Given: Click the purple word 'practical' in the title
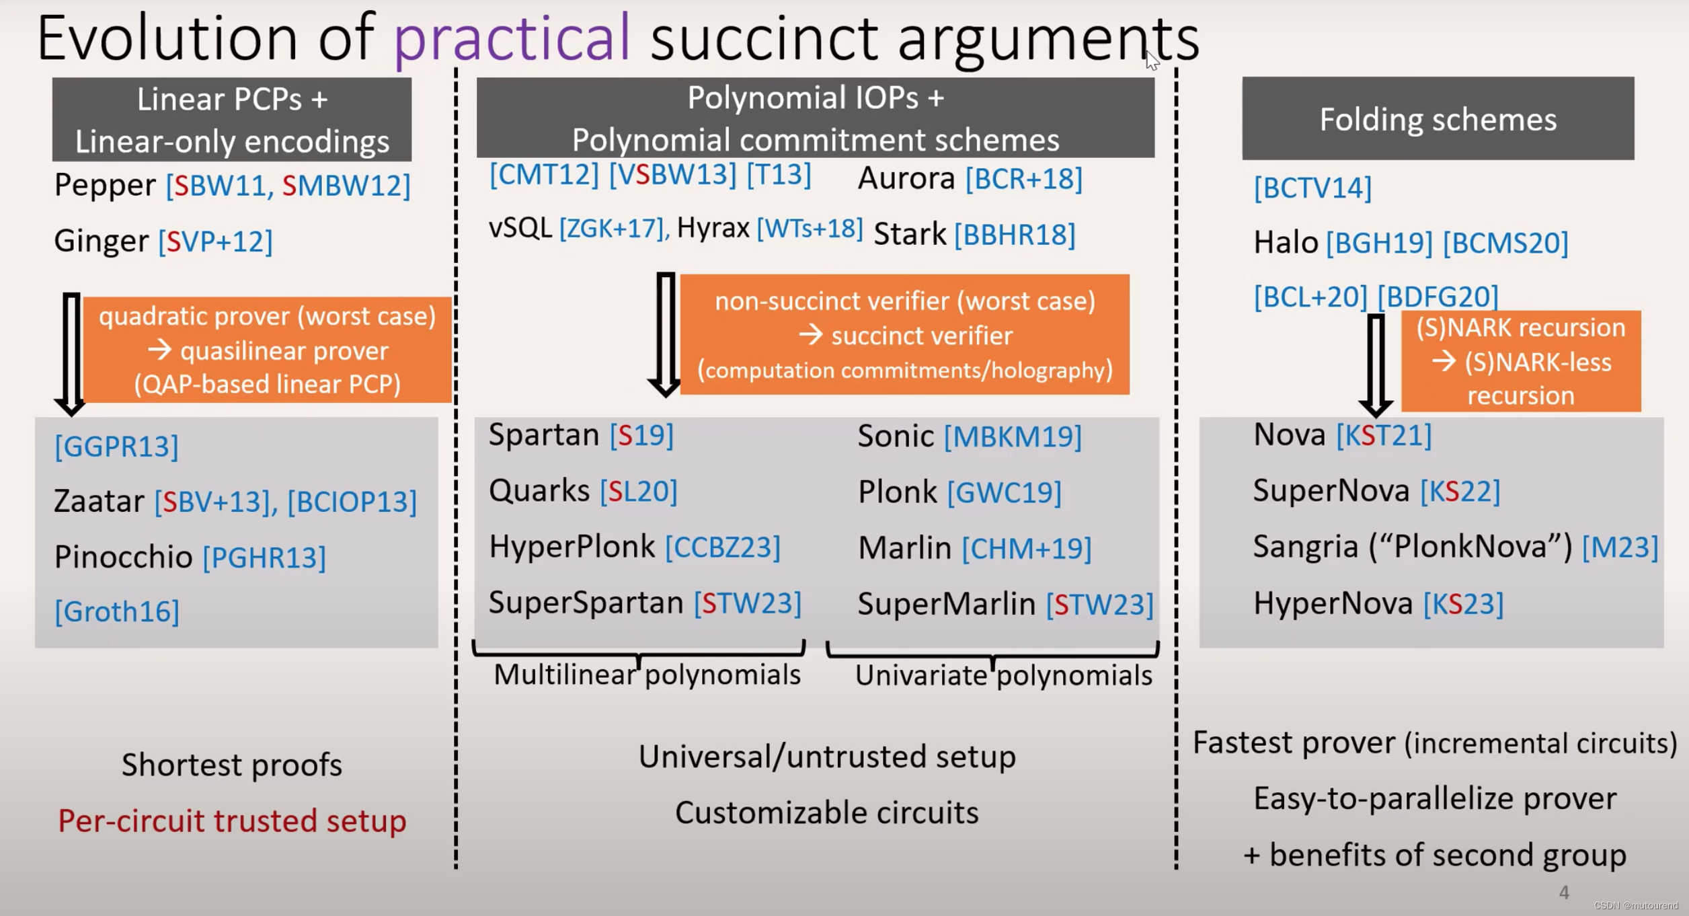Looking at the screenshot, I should tap(512, 39).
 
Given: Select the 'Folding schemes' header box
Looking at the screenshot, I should tap(1438, 119).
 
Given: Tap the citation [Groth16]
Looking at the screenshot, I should tap(117, 611).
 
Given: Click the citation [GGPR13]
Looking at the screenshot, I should tap(117, 447).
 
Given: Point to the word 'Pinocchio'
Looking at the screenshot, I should tap(123, 557).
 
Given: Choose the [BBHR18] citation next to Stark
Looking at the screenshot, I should tap(1015, 235).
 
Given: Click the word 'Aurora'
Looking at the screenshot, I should tap(906, 179).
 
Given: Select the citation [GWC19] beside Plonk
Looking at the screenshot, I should tap(1004, 492).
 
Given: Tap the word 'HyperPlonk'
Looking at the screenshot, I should tap(572, 547).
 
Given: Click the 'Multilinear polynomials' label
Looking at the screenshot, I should tap(647, 675).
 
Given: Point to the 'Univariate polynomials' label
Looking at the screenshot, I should tap(1003, 676).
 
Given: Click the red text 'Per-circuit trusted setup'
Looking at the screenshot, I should tap(232, 821).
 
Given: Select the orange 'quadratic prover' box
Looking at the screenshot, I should tap(268, 350).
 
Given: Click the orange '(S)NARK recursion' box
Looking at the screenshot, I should tap(1520, 362).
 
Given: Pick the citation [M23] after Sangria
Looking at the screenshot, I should tap(1620, 547).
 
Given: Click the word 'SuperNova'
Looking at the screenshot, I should tap(1331, 491).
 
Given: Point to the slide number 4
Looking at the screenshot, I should tap(1564, 892).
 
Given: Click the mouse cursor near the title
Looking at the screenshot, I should tap(1152, 61).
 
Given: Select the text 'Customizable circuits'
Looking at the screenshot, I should tap(826, 813).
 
